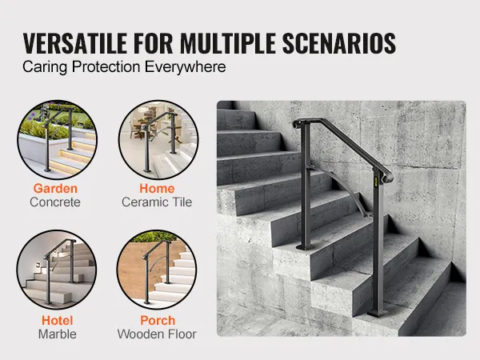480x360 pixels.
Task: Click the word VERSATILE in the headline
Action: click(75, 43)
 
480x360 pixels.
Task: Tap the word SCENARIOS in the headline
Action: click(339, 43)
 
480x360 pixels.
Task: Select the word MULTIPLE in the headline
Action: click(228, 43)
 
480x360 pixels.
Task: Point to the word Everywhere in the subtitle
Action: click(186, 67)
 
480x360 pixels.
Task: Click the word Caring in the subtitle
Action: click(45, 67)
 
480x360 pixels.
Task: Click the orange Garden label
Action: click(55, 188)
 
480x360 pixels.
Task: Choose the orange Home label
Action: click(157, 188)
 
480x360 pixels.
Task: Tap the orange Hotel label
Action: click(58, 321)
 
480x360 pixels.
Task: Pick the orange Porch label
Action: click(158, 321)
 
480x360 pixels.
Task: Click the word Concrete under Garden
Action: click(55, 202)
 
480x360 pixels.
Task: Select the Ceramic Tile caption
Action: click(157, 202)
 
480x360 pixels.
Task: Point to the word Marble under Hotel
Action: click(58, 334)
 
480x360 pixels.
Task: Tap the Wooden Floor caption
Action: click(157, 334)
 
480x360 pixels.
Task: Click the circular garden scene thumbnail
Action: click(57, 139)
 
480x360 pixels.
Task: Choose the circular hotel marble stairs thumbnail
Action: click(57, 270)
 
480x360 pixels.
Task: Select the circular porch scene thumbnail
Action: click(157, 270)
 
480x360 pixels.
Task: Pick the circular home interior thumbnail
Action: click(158, 139)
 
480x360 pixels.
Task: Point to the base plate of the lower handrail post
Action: click(378, 313)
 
